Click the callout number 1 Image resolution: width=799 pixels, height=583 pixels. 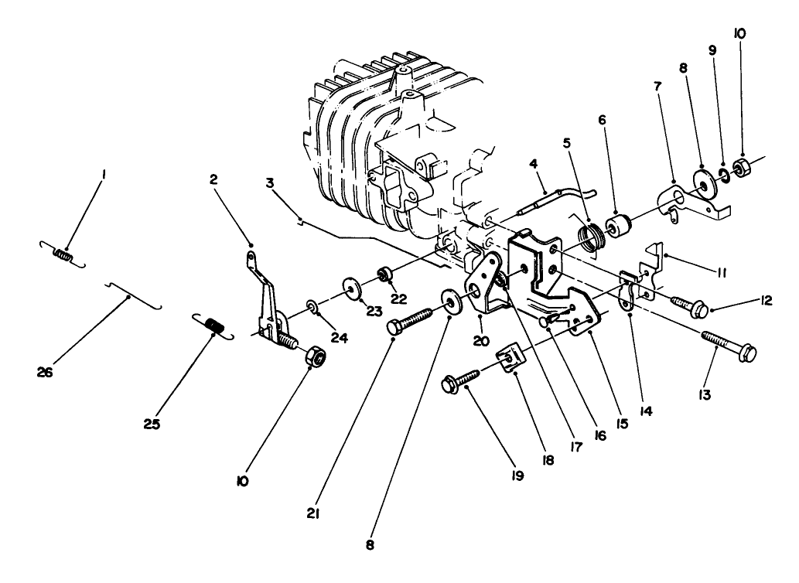[x=103, y=176]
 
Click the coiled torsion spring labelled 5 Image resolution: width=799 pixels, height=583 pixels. [x=593, y=234]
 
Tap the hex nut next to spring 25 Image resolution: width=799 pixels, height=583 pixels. [x=315, y=356]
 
